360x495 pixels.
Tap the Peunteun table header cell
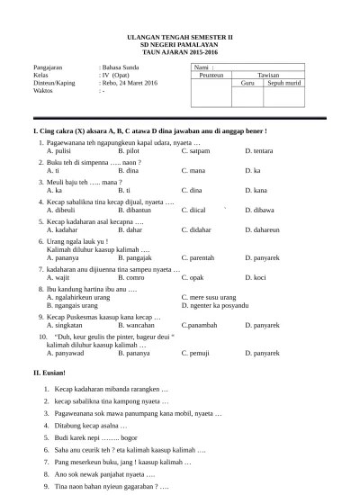210,76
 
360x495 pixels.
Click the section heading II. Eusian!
49,372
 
